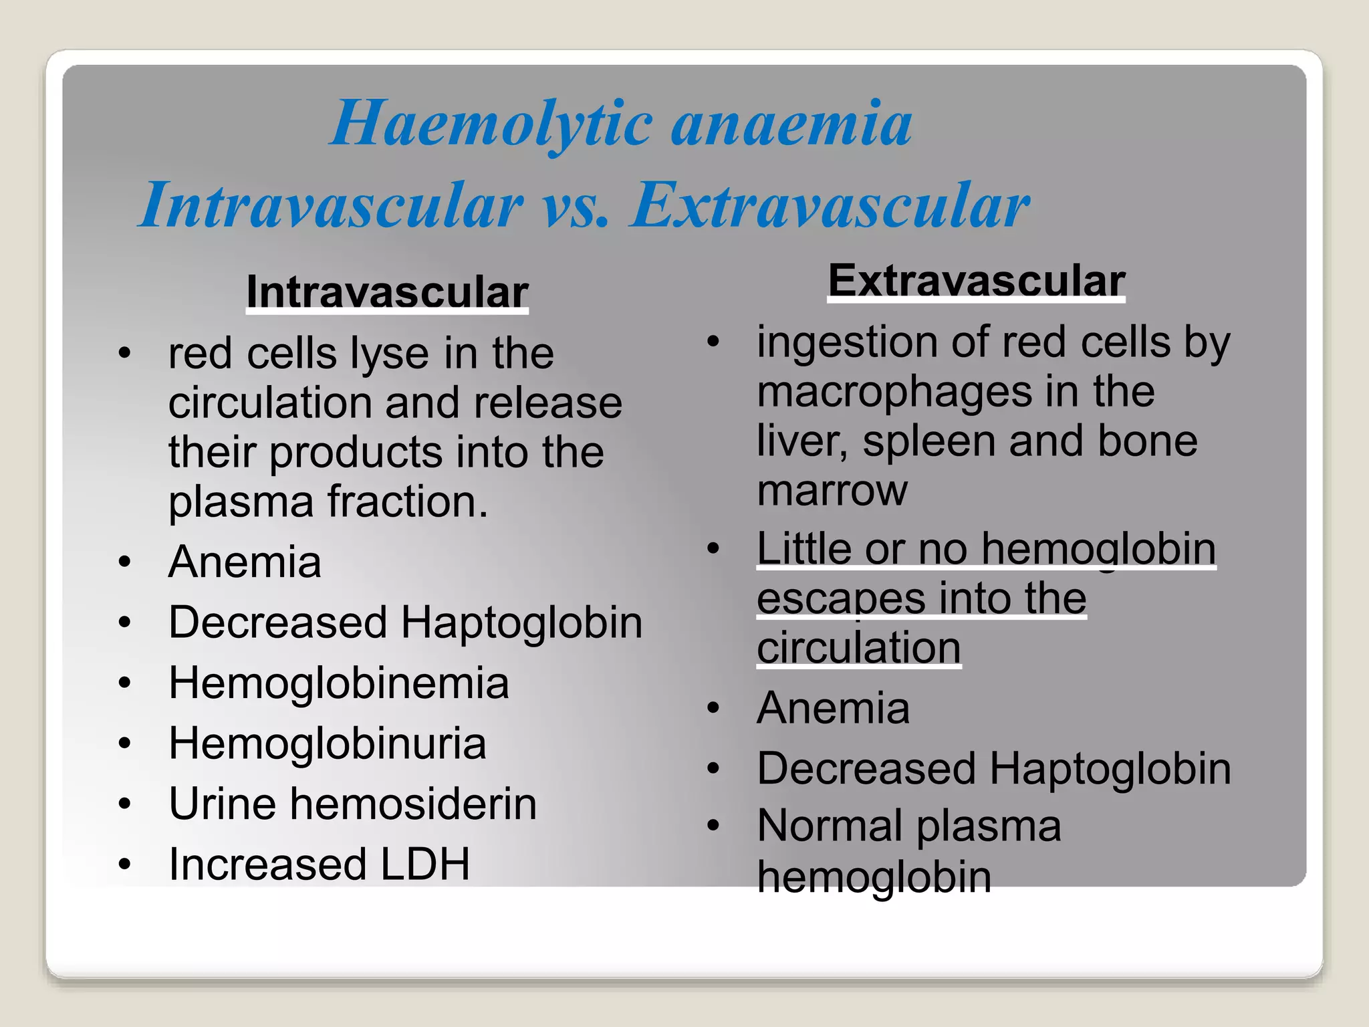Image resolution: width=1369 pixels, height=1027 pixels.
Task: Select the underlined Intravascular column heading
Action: click(387, 293)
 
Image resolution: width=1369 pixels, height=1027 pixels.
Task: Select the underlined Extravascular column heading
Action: click(976, 281)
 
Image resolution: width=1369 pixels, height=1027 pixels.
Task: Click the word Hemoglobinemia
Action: click(338, 683)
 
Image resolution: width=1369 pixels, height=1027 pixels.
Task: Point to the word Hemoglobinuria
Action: click(327, 744)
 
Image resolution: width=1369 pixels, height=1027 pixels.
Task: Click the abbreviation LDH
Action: click(425, 864)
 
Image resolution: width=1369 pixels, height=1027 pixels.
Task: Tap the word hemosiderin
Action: click(413, 804)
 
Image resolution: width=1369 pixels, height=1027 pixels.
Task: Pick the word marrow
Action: click(832, 491)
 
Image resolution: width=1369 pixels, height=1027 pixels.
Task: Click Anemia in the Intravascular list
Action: click(245, 562)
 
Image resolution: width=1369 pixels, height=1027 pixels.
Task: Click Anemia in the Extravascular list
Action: click(833, 708)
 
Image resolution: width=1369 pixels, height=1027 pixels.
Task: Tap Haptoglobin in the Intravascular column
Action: click(521, 623)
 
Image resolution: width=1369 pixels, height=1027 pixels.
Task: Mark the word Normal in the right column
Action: click(829, 826)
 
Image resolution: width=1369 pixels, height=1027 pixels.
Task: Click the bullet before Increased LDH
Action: click(124, 865)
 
